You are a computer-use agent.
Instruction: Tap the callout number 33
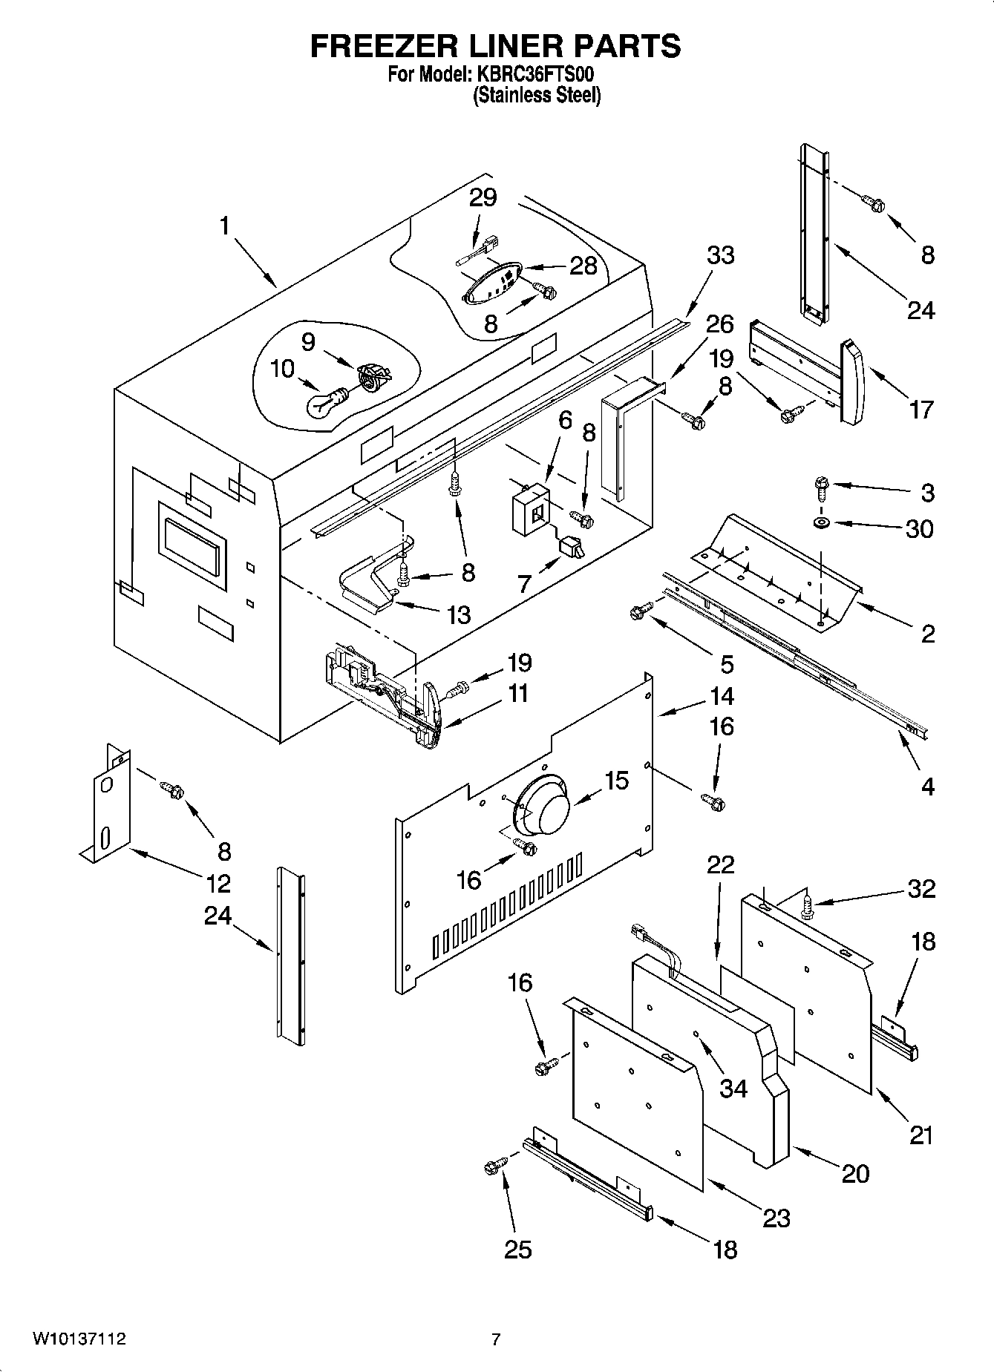719,255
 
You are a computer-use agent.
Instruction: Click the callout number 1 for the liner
225,226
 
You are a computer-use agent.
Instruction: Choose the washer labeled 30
821,524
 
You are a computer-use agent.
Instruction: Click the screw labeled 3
821,486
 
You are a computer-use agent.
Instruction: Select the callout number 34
733,1088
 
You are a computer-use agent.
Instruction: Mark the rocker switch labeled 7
571,548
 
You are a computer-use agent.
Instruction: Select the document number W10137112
79,1339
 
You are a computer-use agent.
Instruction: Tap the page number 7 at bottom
496,1339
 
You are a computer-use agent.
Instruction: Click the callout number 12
218,883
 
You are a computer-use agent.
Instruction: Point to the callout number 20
854,1173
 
